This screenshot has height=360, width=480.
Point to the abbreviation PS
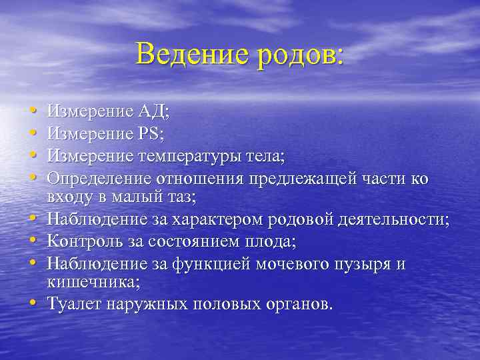(151, 133)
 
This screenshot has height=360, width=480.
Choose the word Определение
(98, 180)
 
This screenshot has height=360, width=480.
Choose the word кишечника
(92, 282)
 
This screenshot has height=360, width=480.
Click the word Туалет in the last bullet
(72, 305)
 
